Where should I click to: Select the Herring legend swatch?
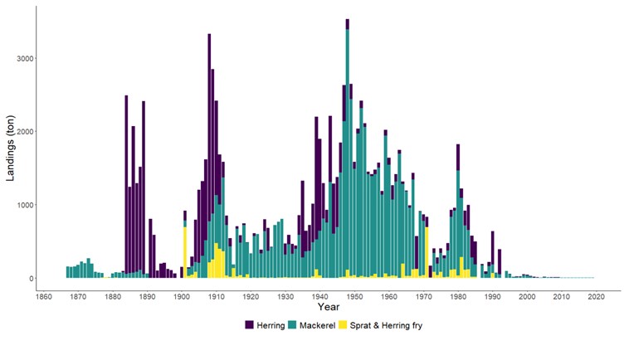coord(250,324)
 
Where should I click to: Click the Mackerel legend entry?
coord(311,324)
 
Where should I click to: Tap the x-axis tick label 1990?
coord(493,298)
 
